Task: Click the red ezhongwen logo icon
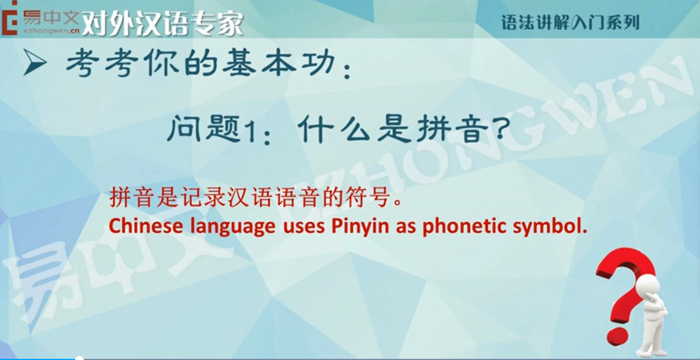click(x=9, y=18)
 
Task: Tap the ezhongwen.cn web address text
click(x=51, y=31)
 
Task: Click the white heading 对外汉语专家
click(x=163, y=24)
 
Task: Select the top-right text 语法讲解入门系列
click(x=570, y=23)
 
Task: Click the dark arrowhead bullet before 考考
click(x=35, y=63)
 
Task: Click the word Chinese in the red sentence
click(x=146, y=226)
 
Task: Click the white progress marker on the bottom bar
click(x=79, y=358)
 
